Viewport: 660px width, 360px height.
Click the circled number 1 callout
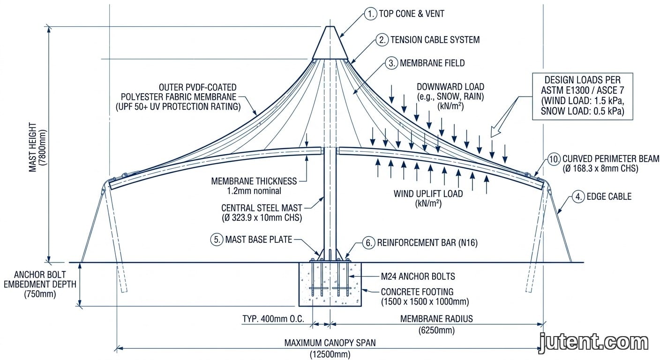[x=371, y=14]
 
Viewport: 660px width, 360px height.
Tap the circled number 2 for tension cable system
[x=382, y=40]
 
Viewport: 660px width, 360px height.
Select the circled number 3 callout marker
[x=391, y=63]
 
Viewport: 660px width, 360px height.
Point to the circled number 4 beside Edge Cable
[x=578, y=196]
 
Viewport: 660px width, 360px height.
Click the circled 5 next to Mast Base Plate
[x=217, y=240]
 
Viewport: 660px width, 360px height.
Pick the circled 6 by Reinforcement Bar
[x=368, y=243]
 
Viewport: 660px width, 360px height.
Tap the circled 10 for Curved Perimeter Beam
[x=554, y=159]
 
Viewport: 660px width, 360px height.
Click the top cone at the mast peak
[x=330, y=43]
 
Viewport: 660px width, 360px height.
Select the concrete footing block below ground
[x=330, y=284]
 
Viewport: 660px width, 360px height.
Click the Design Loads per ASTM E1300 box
[x=583, y=97]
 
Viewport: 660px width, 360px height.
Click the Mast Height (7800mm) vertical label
[x=37, y=147]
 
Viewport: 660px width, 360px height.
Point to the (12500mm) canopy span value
[x=330, y=354]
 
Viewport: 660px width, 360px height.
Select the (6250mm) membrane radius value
[x=436, y=330]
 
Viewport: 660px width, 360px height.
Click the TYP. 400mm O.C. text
[x=273, y=319]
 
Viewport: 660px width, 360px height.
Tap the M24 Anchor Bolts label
[x=418, y=277]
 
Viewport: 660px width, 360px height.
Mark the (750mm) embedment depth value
[x=40, y=294]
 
